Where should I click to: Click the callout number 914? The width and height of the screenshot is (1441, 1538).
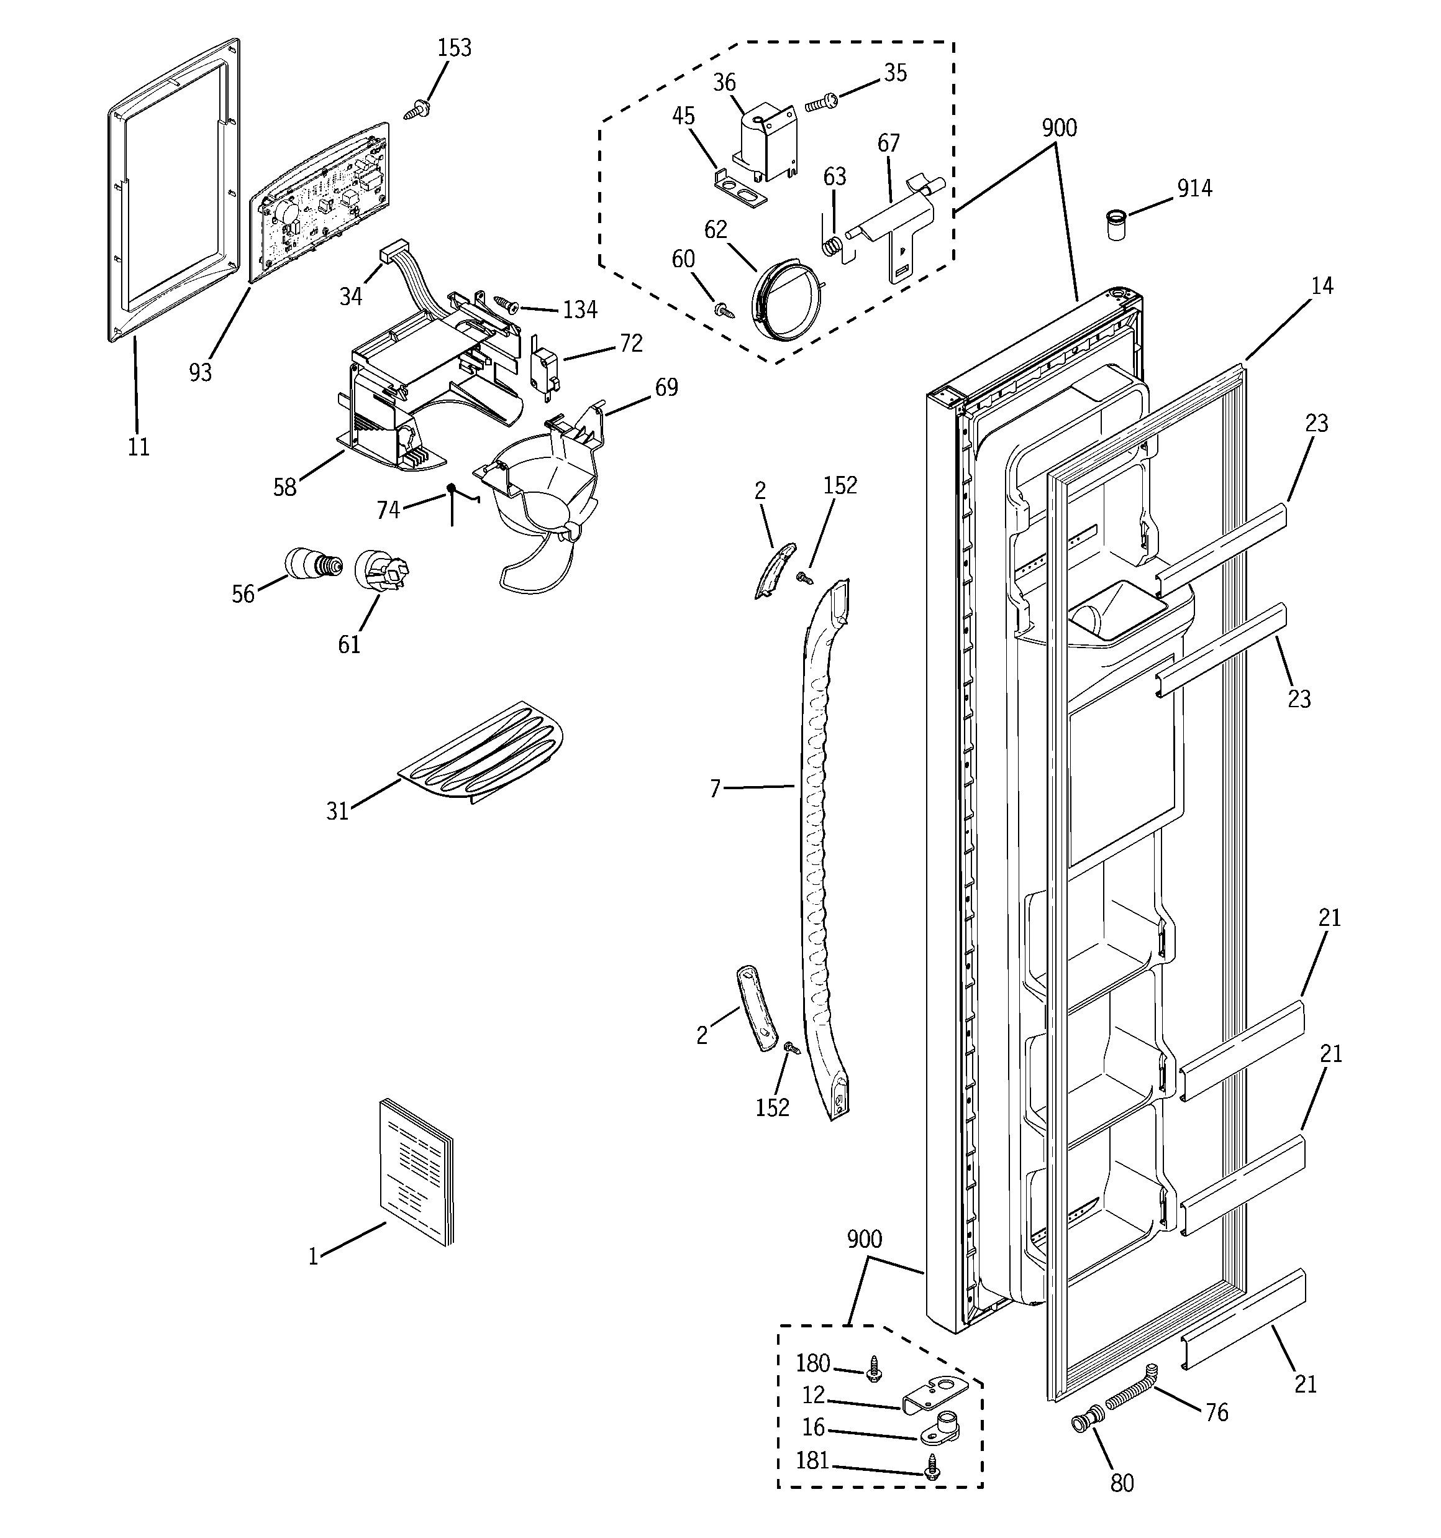click(x=1194, y=188)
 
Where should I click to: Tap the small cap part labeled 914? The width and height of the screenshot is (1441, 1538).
click(x=1116, y=224)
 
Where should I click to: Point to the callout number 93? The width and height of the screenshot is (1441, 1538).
click(x=201, y=373)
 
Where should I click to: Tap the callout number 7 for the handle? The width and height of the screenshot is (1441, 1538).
click(x=715, y=789)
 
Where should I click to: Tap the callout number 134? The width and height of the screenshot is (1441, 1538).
click(x=580, y=309)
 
